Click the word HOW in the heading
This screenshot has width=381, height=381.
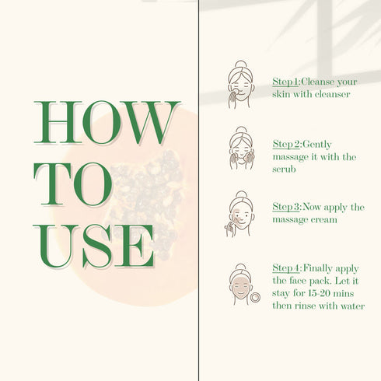[x=107, y=122]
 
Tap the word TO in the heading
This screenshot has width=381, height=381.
[x=73, y=184]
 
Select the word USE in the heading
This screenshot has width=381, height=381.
[x=94, y=246]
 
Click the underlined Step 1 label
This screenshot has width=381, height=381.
[x=286, y=82]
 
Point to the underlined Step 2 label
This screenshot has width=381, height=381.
[x=286, y=144]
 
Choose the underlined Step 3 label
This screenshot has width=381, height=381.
[x=286, y=207]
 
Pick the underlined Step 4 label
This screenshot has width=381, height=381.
[x=286, y=268]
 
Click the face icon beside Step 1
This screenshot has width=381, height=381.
[x=241, y=85]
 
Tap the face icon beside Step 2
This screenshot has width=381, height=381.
[x=242, y=149]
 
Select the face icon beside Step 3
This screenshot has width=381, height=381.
[x=239, y=214]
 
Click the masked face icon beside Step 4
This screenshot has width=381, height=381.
[x=241, y=285]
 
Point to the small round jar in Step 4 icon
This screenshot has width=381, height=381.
[x=255, y=298]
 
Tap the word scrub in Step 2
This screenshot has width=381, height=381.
[x=284, y=170]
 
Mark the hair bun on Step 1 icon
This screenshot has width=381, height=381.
[x=241, y=65]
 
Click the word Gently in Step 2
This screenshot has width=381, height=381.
[x=316, y=145]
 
